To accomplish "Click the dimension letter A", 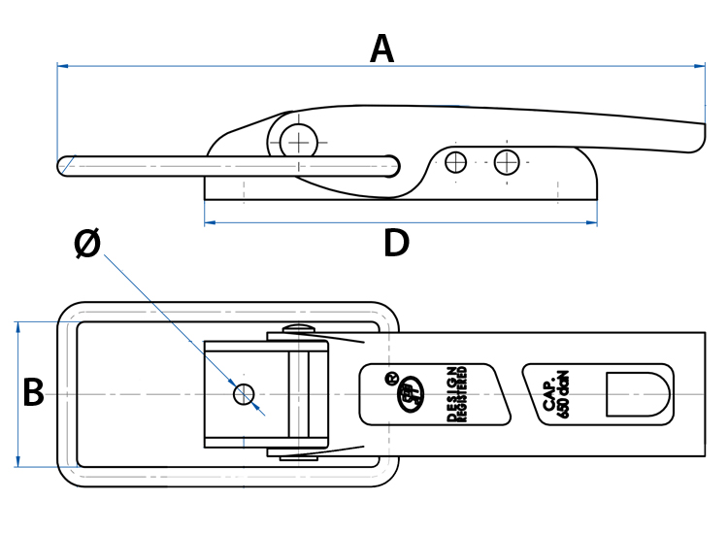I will [382, 49].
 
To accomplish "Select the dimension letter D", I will [396, 244].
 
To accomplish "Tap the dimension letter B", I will [33, 393].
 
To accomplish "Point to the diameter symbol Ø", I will [87, 246].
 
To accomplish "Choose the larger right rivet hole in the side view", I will [507, 162].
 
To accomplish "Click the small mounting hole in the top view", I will [244, 393].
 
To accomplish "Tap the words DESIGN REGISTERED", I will [457, 394].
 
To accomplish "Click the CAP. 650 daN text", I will [556, 394].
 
